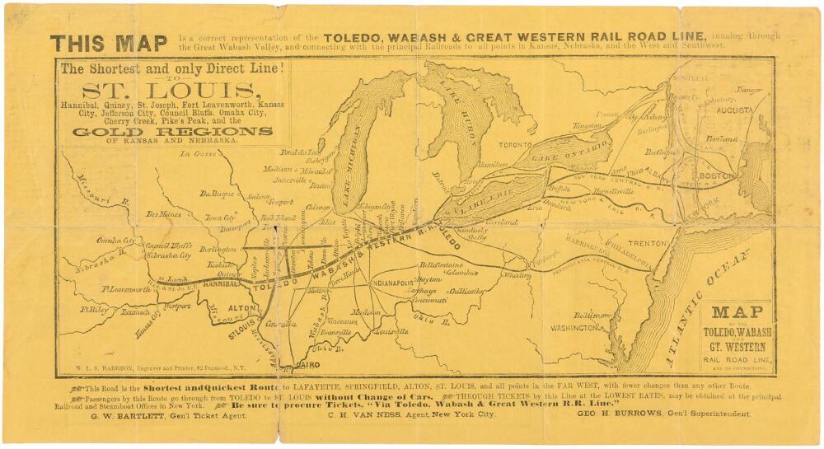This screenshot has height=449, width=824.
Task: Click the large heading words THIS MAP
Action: [x=108, y=43]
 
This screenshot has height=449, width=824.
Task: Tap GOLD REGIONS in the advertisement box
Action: [x=172, y=131]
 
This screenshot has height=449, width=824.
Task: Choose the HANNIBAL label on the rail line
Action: [x=219, y=283]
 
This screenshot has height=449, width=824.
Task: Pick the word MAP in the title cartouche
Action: [x=737, y=312]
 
